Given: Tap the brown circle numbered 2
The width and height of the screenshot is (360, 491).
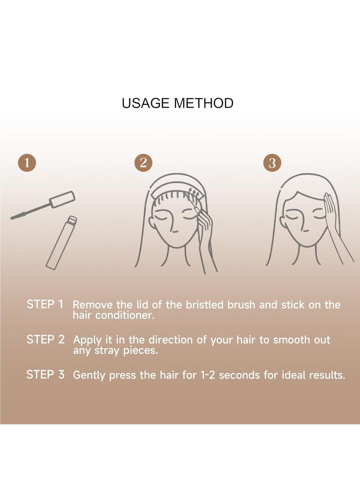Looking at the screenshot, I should [x=143, y=162].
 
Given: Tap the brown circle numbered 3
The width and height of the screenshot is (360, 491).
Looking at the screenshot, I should [x=272, y=162].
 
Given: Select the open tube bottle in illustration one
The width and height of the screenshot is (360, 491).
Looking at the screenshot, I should [x=60, y=243].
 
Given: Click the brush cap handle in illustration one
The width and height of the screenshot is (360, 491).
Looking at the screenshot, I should [x=62, y=199].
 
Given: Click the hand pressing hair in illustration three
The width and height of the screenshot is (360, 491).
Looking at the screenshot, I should [x=332, y=212].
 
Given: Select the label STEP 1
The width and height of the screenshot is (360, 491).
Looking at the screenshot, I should [x=45, y=304].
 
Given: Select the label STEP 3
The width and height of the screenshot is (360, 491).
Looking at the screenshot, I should [x=45, y=374].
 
